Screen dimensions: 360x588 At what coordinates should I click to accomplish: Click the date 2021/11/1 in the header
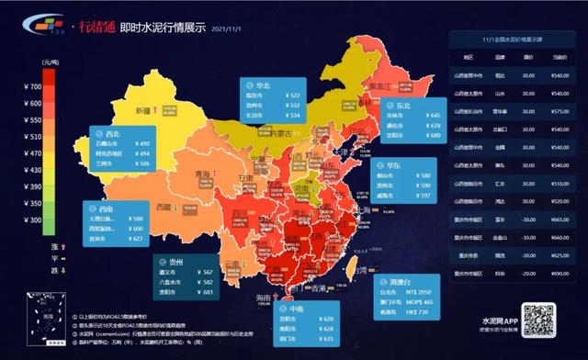tap(230, 28)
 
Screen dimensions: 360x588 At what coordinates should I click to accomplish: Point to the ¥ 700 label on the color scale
tap(30, 86)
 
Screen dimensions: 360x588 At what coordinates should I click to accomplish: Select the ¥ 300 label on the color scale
tap(30, 219)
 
